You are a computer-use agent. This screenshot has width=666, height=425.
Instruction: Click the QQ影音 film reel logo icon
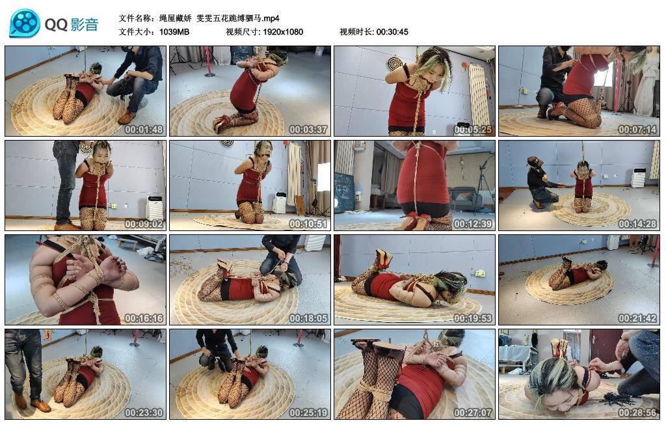(x=24, y=23)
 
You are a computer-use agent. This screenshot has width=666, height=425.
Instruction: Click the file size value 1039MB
(x=174, y=32)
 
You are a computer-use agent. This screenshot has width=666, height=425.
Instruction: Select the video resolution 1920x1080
(x=283, y=32)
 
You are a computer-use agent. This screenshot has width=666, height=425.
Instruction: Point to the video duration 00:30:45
(x=392, y=32)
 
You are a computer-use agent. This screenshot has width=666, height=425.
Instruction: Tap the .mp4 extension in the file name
(x=270, y=18)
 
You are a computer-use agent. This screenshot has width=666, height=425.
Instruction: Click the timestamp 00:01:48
(x=144, y=130)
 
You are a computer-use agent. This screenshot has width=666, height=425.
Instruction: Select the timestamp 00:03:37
(x=308, y=130)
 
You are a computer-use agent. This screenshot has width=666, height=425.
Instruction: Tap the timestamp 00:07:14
(x=637, y=130)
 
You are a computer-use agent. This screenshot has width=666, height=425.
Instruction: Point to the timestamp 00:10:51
(x=308, y=223)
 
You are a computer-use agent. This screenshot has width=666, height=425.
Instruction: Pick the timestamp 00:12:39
(x=473, y=223)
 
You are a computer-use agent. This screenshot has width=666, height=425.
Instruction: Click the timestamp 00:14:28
(x=637, y=223)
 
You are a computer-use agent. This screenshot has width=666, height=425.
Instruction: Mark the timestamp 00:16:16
(x=144, y=318)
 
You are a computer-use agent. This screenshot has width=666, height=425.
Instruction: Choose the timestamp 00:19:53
(x=473, y=318)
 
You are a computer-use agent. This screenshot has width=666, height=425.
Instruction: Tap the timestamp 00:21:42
(x=637, y=318)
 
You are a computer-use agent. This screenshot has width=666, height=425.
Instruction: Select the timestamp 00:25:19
(x=308, y=412)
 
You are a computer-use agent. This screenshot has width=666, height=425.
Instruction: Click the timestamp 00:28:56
(x=637, y=412)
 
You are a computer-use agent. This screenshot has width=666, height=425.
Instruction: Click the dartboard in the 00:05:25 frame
(x=395, y=63)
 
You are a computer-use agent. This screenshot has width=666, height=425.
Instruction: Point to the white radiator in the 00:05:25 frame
(x=479, y=94)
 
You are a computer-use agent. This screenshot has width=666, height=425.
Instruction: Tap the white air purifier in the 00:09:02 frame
(x=154, y=208)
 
